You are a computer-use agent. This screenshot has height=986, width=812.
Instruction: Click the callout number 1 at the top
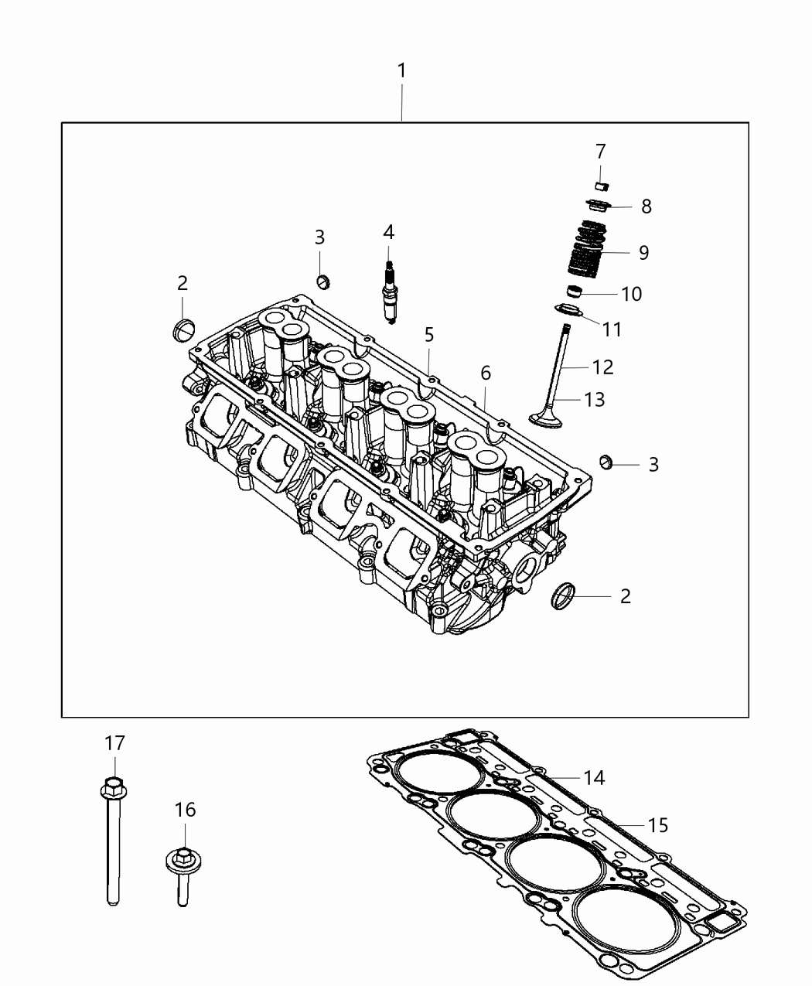point(401,70)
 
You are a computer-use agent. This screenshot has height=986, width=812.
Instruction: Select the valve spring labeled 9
point(590,251)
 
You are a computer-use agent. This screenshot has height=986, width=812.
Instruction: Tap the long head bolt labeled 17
point(113,843)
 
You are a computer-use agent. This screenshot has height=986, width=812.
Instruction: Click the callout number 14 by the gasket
point(594,777)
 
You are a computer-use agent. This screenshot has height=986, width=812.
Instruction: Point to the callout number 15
point(657,825)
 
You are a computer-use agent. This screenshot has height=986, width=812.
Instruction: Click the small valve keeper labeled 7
point(602,186)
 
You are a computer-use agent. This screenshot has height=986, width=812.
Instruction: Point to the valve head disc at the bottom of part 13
point(550,418)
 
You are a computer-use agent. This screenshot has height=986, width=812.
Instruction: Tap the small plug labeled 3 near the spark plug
point(324,280)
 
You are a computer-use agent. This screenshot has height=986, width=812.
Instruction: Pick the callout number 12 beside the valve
point(602,367)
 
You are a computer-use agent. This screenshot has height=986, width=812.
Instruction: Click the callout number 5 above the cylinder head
point(428,335)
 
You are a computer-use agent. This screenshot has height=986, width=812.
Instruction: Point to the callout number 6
point(485,373)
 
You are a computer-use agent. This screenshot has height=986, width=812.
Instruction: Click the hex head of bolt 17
point(113,786)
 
